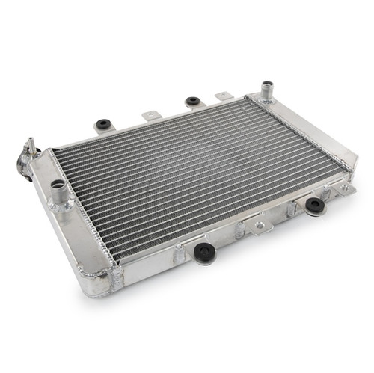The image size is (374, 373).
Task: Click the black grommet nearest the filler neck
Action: pyautogui.click(x=102, y=124)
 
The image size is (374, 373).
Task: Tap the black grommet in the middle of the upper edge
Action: pyautogui.click(x=192, y=101)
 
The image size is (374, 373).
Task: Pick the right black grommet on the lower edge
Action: pyautogui.click(x=315, y=204)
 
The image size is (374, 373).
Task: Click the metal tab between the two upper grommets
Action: pyautogui.click(x=152, y=115)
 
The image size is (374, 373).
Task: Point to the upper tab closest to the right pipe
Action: pyautogui.click(x=224, y=96)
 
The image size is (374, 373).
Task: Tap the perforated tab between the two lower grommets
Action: pyautogui.click(x=259, y=224)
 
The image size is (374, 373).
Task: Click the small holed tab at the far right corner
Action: pyautogui.click(x=346, y=190)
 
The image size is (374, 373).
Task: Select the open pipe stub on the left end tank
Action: pyautogui.click(x=58, y=194)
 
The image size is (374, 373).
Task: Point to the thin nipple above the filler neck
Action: pyautogui.click(x=31, y=144)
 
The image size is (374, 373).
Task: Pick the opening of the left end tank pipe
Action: pyautogui.click(x=58, y=185)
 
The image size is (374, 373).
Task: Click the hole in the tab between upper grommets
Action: pyautogui.click(x=152, y=115)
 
